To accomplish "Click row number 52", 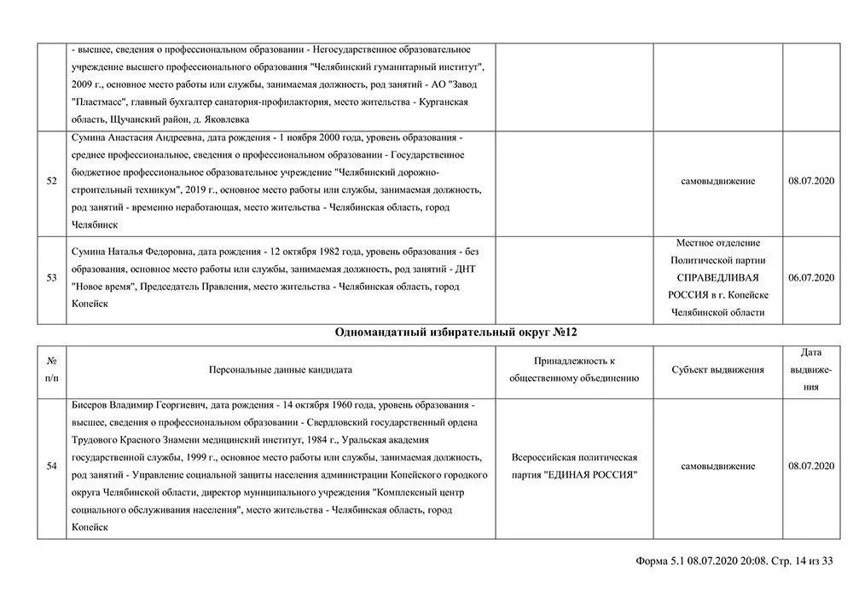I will tap(52, 181).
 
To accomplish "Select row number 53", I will tap(52, 278).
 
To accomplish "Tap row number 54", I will tap(52, 467).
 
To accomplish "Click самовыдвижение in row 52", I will tap(717, 181).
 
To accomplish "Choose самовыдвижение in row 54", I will tap(717, 467).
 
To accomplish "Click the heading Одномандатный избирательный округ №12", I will tap(451, 332).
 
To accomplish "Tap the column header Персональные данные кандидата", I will tap(281, 370).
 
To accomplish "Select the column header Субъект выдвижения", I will tap(717, 370).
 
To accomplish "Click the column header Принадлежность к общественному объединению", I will tap(574, 370).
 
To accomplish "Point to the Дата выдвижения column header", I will tap(811, 369).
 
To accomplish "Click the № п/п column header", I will tap(52, 369).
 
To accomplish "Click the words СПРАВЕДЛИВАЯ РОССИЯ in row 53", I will tap(717, 286).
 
